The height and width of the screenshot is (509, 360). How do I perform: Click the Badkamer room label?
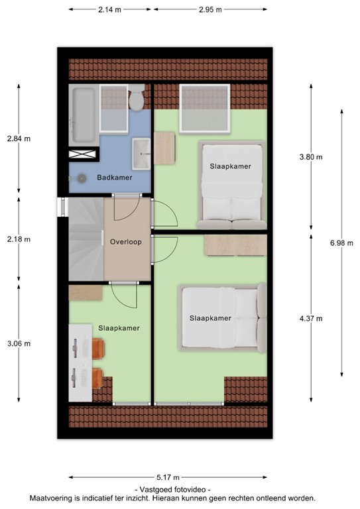[114, 178]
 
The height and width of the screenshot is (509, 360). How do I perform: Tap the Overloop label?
[125, 242]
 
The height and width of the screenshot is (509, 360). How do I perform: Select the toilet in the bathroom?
[137, 100]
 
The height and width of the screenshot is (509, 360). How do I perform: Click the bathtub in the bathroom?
[83, 115]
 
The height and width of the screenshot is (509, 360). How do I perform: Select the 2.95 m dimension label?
[210, 10]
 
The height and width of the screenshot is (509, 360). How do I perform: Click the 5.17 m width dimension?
[168, 477]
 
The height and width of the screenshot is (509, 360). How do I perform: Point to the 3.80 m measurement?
[310, 157]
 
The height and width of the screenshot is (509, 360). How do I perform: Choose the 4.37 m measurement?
[310, 318]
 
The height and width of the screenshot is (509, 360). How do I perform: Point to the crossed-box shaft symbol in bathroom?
[83, 154]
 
